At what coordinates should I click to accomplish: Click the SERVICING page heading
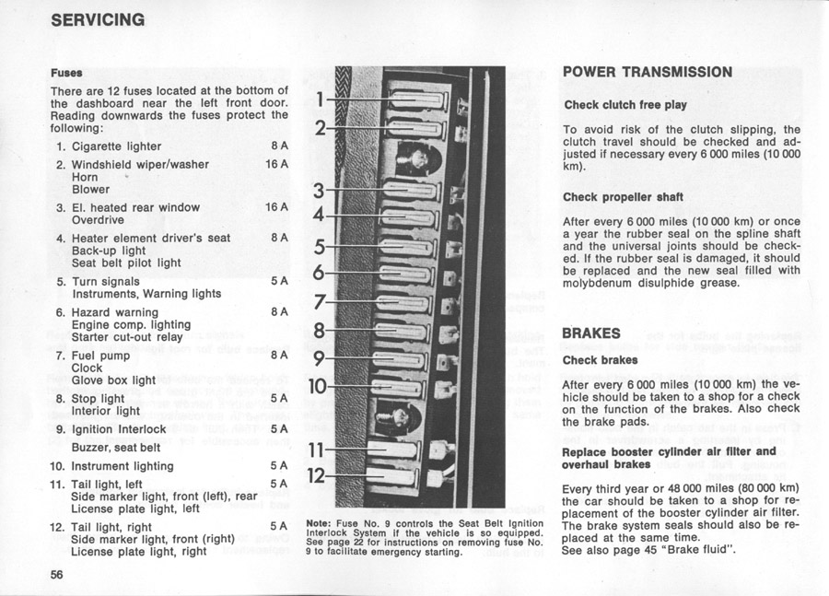[98, 19]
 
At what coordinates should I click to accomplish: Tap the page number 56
[57, 574]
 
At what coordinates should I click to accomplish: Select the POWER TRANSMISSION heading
[647, 72]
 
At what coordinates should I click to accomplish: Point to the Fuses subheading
[66, 73]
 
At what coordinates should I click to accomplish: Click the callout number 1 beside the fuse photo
[319, 99]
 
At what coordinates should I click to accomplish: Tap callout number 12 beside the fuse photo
[316, 475]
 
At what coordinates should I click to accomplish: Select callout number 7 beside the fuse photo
[320, 301]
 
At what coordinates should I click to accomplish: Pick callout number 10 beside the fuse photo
[316, 385]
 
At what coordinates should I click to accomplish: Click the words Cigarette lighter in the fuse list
[116, 146]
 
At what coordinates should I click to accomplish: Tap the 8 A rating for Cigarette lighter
[279, 146]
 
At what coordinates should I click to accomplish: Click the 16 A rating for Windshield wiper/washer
[276, 164]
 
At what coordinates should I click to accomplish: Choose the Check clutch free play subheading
[625, 105]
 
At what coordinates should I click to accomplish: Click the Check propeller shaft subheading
[622, 196]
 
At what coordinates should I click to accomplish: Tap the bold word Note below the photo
[317, 524]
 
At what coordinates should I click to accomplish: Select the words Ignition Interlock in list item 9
[119, 429]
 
